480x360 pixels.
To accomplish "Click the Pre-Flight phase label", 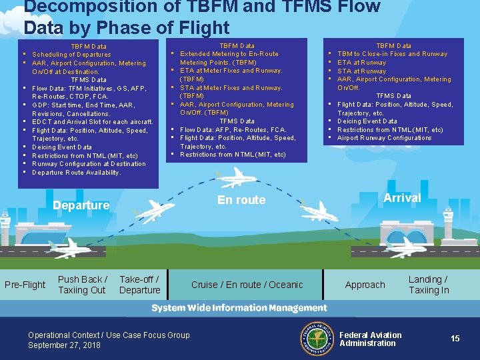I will tap(25, 285).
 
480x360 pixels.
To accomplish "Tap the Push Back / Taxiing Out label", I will tap(81, 285).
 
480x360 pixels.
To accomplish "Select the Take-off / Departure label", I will tap(139, 285).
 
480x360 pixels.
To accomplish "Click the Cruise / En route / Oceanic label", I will tap(247, 285).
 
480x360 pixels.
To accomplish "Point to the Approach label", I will tap(365, 285).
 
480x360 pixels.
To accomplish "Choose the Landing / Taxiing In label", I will tap(428, 285).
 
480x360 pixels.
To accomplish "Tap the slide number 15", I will tap(455, 339).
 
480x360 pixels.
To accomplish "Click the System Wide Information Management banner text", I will tap(239, 308).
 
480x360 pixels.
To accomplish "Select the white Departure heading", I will tap(81, 205).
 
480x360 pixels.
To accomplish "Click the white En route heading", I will tap(241, 200).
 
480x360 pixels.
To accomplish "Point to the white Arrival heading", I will tap(402, 198).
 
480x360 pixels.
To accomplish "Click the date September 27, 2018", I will tap(64, 345).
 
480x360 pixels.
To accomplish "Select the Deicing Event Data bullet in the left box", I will tap(62, 147).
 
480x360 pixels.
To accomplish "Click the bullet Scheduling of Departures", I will tap(71, 55).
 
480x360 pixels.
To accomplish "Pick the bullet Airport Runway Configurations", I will tap(384, 138).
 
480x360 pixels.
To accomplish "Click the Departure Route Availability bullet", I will tap(76, 172).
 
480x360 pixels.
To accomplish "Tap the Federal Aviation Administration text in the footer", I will tap(371, 339).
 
